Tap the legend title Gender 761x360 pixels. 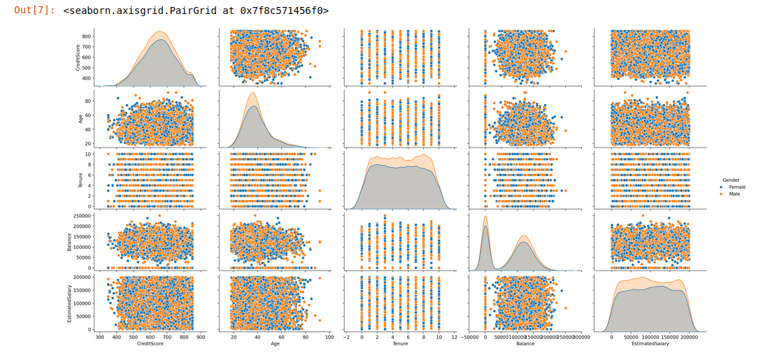731,180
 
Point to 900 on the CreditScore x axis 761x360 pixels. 201,336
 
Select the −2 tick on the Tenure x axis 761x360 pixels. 348,336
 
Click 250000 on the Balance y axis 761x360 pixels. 83,216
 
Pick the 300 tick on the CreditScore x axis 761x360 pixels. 101,336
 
